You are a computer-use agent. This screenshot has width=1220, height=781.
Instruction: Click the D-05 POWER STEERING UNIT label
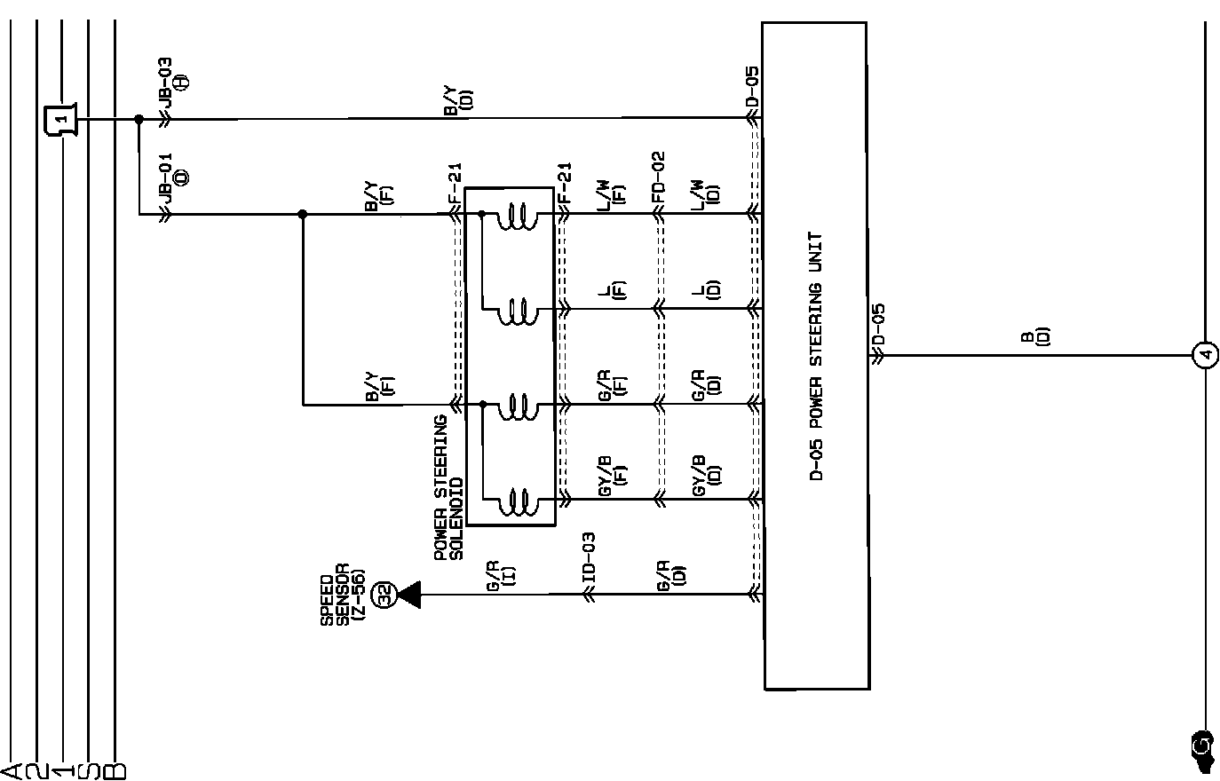click(816, 356)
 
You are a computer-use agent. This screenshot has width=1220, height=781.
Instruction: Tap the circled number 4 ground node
click(1205, 356)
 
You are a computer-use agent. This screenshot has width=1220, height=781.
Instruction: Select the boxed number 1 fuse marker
click(60, 118)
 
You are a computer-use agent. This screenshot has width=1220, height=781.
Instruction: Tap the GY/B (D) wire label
click(707, 474)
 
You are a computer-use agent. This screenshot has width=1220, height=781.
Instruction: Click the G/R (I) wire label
click(500, 574)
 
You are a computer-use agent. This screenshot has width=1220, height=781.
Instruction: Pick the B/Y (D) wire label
click(458, 100)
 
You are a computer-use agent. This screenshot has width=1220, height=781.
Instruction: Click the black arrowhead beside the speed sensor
click(409, 595)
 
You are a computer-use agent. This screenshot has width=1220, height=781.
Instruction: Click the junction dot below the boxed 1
click(139, 119)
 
